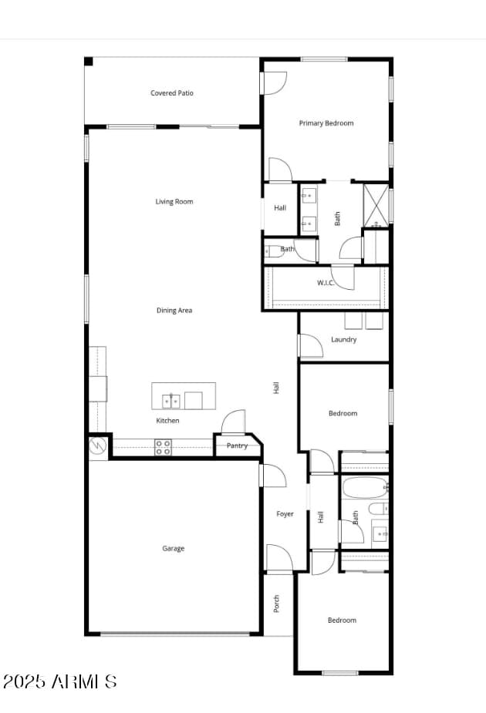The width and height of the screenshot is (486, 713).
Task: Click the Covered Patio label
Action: (172, 93)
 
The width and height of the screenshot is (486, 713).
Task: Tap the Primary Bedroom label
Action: (326, 123)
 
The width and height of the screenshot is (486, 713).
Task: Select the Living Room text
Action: (174, 202)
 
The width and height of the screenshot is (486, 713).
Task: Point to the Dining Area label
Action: (174, 311)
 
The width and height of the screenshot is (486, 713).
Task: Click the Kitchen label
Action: (168, 421)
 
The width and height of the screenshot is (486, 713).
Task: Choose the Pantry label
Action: (237, 446)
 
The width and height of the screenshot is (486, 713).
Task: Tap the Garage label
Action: (173, 549)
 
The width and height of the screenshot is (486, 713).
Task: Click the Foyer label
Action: (285, 514)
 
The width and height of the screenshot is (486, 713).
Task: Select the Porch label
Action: (276, 604)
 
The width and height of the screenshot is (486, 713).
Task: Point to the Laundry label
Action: (343, 340)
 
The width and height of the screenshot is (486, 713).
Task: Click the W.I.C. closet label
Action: (326, 283)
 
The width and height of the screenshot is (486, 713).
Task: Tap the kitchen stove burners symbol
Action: (163, 447)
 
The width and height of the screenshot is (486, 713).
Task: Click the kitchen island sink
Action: (172, 401)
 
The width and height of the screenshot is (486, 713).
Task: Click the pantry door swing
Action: (234, 422)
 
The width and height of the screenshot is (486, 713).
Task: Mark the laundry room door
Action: (310, 346)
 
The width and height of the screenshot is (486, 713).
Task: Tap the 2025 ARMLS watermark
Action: (59, 681)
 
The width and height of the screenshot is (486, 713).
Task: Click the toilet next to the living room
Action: (273, 251)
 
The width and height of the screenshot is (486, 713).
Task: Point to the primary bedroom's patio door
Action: (275, 82)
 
